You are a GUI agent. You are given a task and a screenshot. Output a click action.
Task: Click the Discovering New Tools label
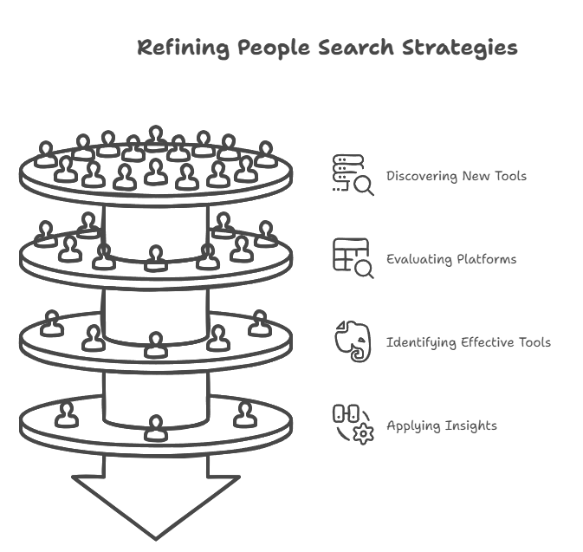456,177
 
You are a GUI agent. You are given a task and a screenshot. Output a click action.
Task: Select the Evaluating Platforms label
450,259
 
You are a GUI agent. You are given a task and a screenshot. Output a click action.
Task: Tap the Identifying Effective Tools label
468,342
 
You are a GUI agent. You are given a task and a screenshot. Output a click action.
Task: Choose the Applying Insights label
441,425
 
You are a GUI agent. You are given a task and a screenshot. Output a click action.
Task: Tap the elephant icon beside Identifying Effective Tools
352,341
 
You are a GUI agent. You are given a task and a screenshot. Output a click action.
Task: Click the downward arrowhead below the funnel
155,503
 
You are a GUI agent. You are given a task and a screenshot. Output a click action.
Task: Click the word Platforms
486,259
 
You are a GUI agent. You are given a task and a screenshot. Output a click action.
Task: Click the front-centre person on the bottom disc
155,426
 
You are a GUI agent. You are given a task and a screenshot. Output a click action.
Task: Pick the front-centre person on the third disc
155,344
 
